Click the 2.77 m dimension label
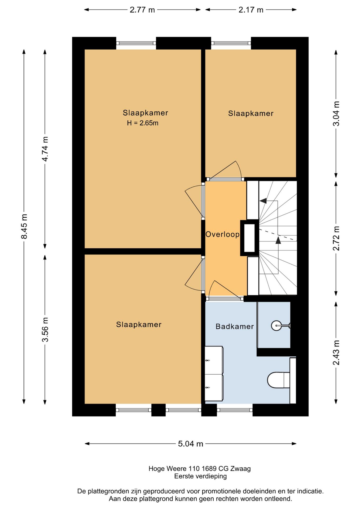tap(142, 10)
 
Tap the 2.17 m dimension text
tap(251, 10)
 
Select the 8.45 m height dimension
tap(24, 226)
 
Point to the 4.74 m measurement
tap(45, 149)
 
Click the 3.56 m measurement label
tap(45, 330)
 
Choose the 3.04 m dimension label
tap(336, 113)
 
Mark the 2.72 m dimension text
tap(336, 238)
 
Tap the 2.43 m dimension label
tap(336, 353)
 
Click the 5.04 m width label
tap(190, 444)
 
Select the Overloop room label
tap(222, 234)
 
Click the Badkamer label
tap(235, 326)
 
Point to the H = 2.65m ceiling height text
tap(143, 123)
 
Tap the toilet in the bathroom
tap(278, 380)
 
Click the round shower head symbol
tap(276, 326)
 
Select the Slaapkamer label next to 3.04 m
tap(251, 113)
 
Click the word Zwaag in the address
tap(240, 469)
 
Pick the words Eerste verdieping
tap(200, 476)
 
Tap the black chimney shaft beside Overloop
tap(249, 238)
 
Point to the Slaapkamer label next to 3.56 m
tap(139, 324)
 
